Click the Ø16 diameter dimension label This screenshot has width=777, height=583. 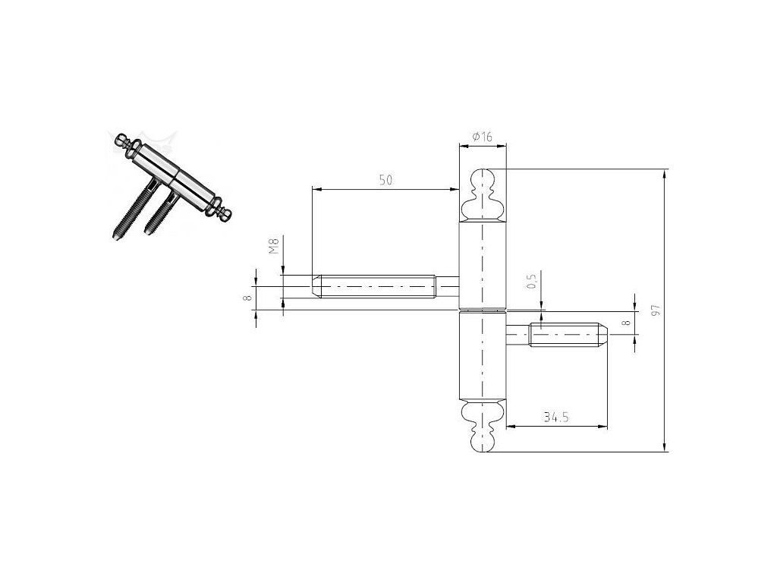tap(482, 137)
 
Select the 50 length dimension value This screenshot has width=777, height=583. tap(385, 180)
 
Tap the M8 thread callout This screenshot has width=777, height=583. tap(273, 246)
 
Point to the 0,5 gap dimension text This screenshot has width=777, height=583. tap(532, 281)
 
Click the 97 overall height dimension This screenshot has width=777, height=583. tap(656, 310)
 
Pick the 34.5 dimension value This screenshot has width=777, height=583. tap(556, 418)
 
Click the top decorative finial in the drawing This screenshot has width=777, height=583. tap(483, 195)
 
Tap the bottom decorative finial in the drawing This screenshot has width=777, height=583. tap(483, 426)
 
